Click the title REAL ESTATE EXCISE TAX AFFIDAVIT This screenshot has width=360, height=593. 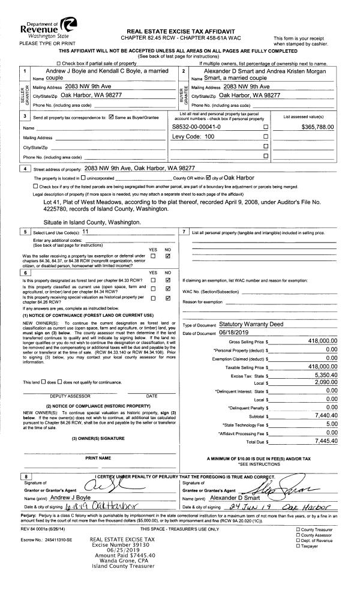pyautogui.click(x=181, y=31)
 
